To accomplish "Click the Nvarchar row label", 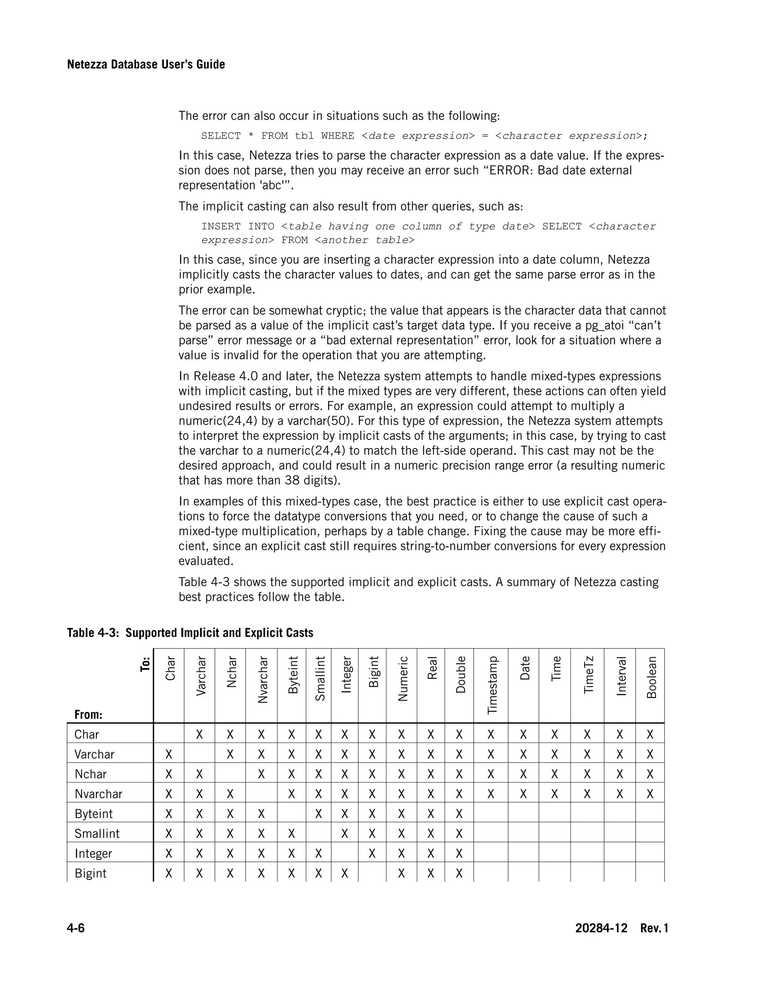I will [x=99, y=794].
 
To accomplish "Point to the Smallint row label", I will [x=97, y=834].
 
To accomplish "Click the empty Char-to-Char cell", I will [x=169, y=735].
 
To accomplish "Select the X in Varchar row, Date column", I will [x=523, y=754].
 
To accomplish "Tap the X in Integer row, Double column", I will [x=459, y=853].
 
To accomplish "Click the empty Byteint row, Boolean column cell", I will [x=650, y=814].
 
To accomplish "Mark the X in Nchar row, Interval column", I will [x=620, y=774].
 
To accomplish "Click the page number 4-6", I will [x=76, y=928].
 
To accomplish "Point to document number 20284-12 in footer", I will [x=601, y=928].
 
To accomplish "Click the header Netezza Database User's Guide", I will [x=146, y=64].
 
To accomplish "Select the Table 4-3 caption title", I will [x=190, y=633].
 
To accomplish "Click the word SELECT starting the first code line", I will [x=221, y=136].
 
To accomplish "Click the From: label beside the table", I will [x=89, y=714].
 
